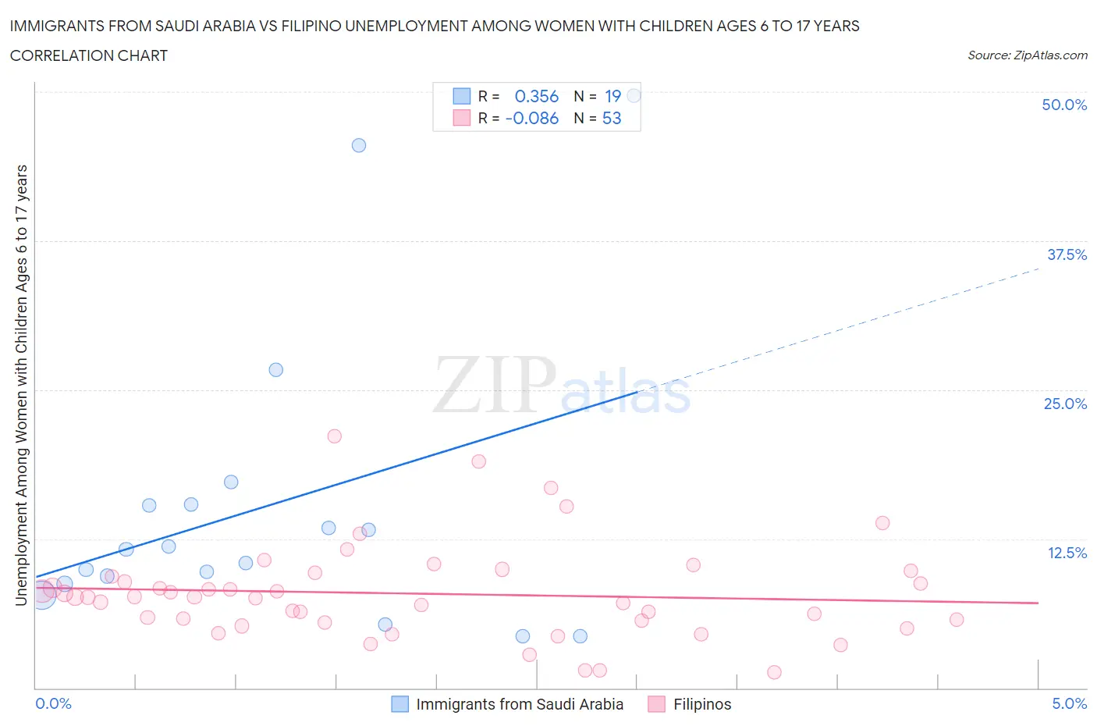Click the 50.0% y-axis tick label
pos(1064,105)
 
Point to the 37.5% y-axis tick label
pos(1067,254)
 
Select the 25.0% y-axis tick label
pos(1065,404)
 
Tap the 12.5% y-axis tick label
pos(1067,553)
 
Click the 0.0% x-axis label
pos(53,703)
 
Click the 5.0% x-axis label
pos(1069,703)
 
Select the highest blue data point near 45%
pos(359,145)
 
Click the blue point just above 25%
pos(276,370)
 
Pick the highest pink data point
pos(335,436)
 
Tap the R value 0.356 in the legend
pos(537,96)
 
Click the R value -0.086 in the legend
pos(532,118)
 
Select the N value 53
pos(612,118)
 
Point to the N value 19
pos(612,96)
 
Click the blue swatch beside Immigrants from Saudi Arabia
pos(399,704)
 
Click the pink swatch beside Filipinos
pos(657,704)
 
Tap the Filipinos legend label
pos(702,704)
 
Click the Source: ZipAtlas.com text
pos(1027,55)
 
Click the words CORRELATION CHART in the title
pos(89,55)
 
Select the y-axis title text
pos(21,386)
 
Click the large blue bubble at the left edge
pos(41,595)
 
